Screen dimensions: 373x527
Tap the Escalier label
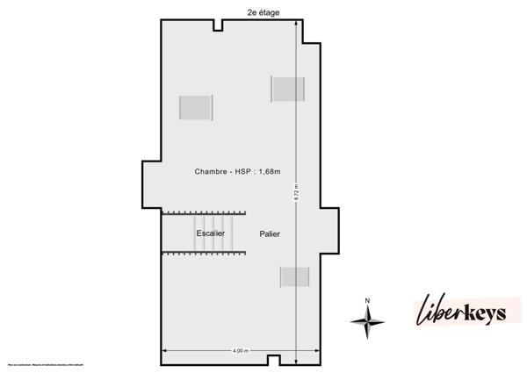[211, 233]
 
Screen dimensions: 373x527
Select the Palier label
[270, 234]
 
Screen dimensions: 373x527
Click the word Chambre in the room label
[213, 172]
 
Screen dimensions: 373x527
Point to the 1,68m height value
[275, 172]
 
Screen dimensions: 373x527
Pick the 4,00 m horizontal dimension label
[240, 351]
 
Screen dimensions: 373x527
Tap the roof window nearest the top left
[196, 108]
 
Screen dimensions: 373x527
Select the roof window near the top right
[287, 89]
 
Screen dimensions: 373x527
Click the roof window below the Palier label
[294, 276]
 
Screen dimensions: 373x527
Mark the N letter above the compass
[367, 302]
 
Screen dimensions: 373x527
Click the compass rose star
[367, 321]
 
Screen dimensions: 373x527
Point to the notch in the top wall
[216, 23]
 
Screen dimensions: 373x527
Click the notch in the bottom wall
[274, 359]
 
